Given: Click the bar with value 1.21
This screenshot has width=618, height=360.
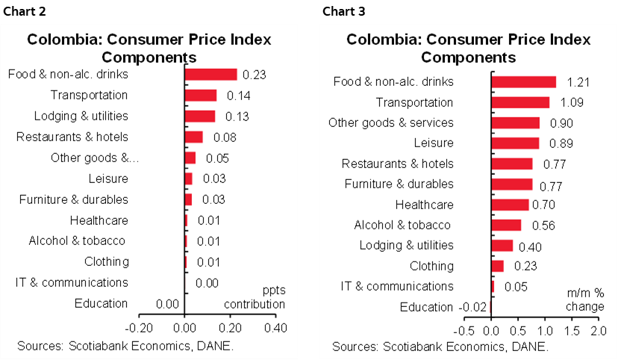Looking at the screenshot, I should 523,82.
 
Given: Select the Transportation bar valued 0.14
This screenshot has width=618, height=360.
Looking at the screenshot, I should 201,95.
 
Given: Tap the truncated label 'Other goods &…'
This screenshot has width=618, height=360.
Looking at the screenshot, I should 95,158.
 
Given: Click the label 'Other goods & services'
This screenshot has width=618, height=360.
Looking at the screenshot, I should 390,122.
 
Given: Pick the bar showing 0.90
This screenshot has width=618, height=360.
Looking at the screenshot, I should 515,122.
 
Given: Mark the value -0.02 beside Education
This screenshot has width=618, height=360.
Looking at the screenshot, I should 469,307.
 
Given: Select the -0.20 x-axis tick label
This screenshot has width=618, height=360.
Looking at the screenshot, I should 138,326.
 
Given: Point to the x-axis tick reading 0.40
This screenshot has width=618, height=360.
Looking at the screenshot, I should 276,326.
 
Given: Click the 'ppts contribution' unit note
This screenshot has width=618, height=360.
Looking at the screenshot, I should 255,297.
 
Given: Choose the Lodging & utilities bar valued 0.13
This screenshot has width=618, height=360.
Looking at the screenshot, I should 199,116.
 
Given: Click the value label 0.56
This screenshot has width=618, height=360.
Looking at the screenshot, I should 543,226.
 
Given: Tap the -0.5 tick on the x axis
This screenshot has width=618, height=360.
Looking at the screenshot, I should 463,330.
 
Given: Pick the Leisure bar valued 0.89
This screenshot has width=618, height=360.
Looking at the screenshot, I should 515,143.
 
